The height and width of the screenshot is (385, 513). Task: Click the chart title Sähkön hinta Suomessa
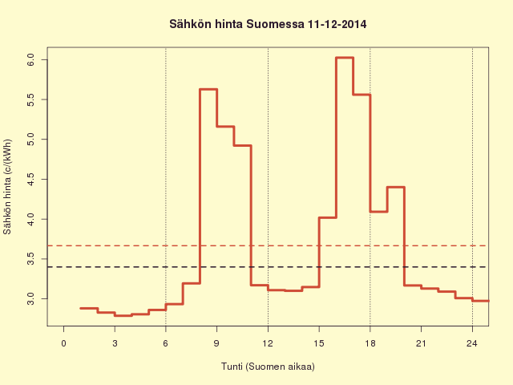(x=237, y=24)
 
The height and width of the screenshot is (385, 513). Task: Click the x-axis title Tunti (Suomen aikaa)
(x=268, y=367)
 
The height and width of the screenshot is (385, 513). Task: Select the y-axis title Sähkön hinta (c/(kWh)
(x=7, y=187)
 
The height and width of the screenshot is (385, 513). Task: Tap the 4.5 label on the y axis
(x=30, y=180)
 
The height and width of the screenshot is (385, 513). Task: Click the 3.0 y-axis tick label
(x=30, y=299)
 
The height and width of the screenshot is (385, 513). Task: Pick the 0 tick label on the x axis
(x=64, y=343)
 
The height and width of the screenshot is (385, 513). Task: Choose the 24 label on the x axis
(x=472, y=343)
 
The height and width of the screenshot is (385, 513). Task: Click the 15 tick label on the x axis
(x=319, y=343)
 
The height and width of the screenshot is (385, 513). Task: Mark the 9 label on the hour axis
(x=217, y=343)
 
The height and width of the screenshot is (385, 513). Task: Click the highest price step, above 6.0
(x=345, y=58)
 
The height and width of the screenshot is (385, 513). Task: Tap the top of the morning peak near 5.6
(x=208, y=89)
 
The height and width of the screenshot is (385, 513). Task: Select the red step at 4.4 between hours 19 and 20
(x=396, y=187)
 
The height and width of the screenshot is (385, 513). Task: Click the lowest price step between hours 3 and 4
(x=123, y=315)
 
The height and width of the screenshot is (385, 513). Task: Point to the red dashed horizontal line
(x=267, y=245)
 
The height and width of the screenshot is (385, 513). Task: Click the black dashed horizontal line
(x=267, y=267)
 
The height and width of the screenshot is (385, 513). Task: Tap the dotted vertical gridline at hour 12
(x=268, y=187)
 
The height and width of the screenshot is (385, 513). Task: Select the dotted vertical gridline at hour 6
(x=166, y=187)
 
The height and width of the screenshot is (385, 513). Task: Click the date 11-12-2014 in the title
(x=337, y=24)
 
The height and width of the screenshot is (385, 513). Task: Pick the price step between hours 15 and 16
(x=328, y=217)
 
